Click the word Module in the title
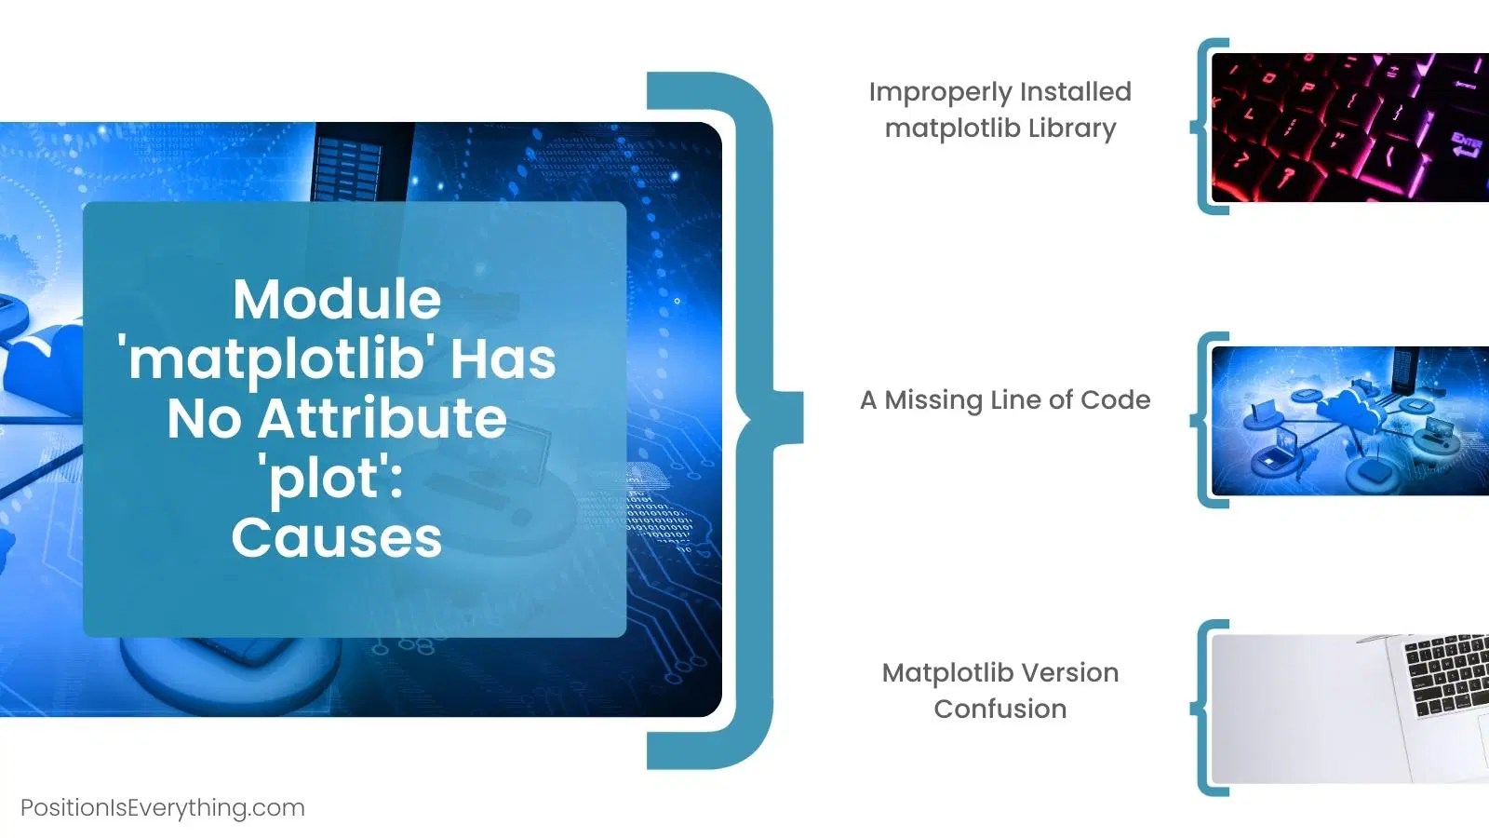click(x=337, y=299)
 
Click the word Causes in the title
click(x=337, y=538)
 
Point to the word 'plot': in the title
click(x=334, y=479)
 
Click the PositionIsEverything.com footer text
click(x=163, y=807)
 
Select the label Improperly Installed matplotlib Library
click(x=1000, y=110)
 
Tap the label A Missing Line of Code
click(x=1005, y=400)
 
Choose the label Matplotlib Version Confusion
click(x=1000, y=690)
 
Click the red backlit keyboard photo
click(x=1349, y=128)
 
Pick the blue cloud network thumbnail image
click(x=1349, y=421)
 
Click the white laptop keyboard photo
click(x=1349, y=710)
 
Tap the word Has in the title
click(x=503, y=359)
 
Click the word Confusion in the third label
click(x=1000, y=709)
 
